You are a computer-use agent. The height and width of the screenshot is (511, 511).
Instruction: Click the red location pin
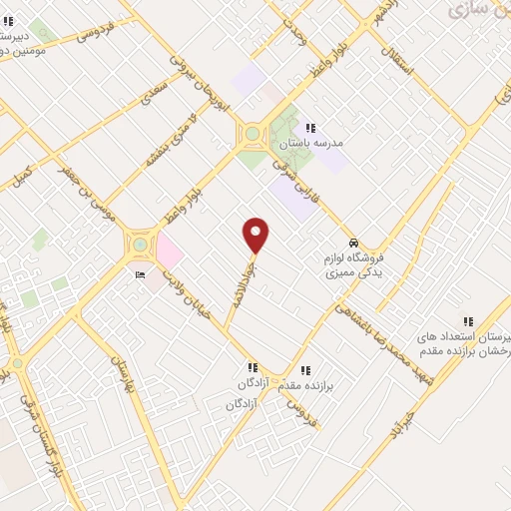tap(256, 236)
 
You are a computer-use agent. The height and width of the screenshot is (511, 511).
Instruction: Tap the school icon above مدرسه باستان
tap(310, 128)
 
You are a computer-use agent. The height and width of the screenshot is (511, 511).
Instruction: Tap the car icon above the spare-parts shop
tap(353, 243)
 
